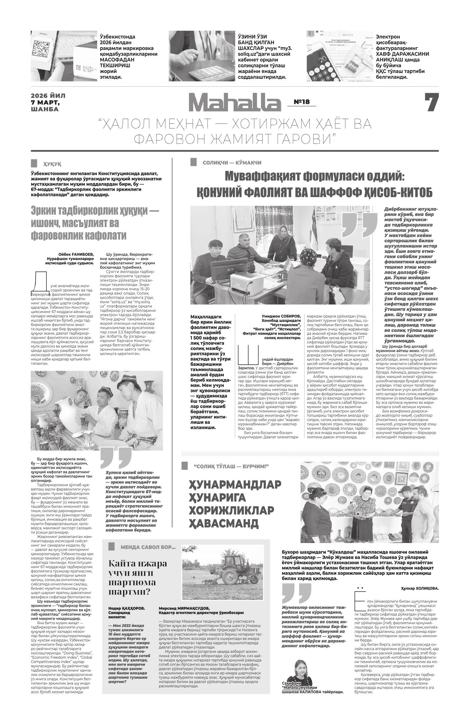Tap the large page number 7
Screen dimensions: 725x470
tap(431, 103)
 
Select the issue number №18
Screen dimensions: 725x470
tap(302, 102)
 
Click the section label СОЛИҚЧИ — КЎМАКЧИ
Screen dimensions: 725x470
tap(232, 163)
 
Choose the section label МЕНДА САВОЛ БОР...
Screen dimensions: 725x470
tap(148, 547)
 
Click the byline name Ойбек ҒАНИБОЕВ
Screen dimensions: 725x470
tap(76, 255)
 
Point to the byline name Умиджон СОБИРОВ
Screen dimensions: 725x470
tap(281, 316)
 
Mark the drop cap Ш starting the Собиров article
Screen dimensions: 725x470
tap(248, 355)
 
